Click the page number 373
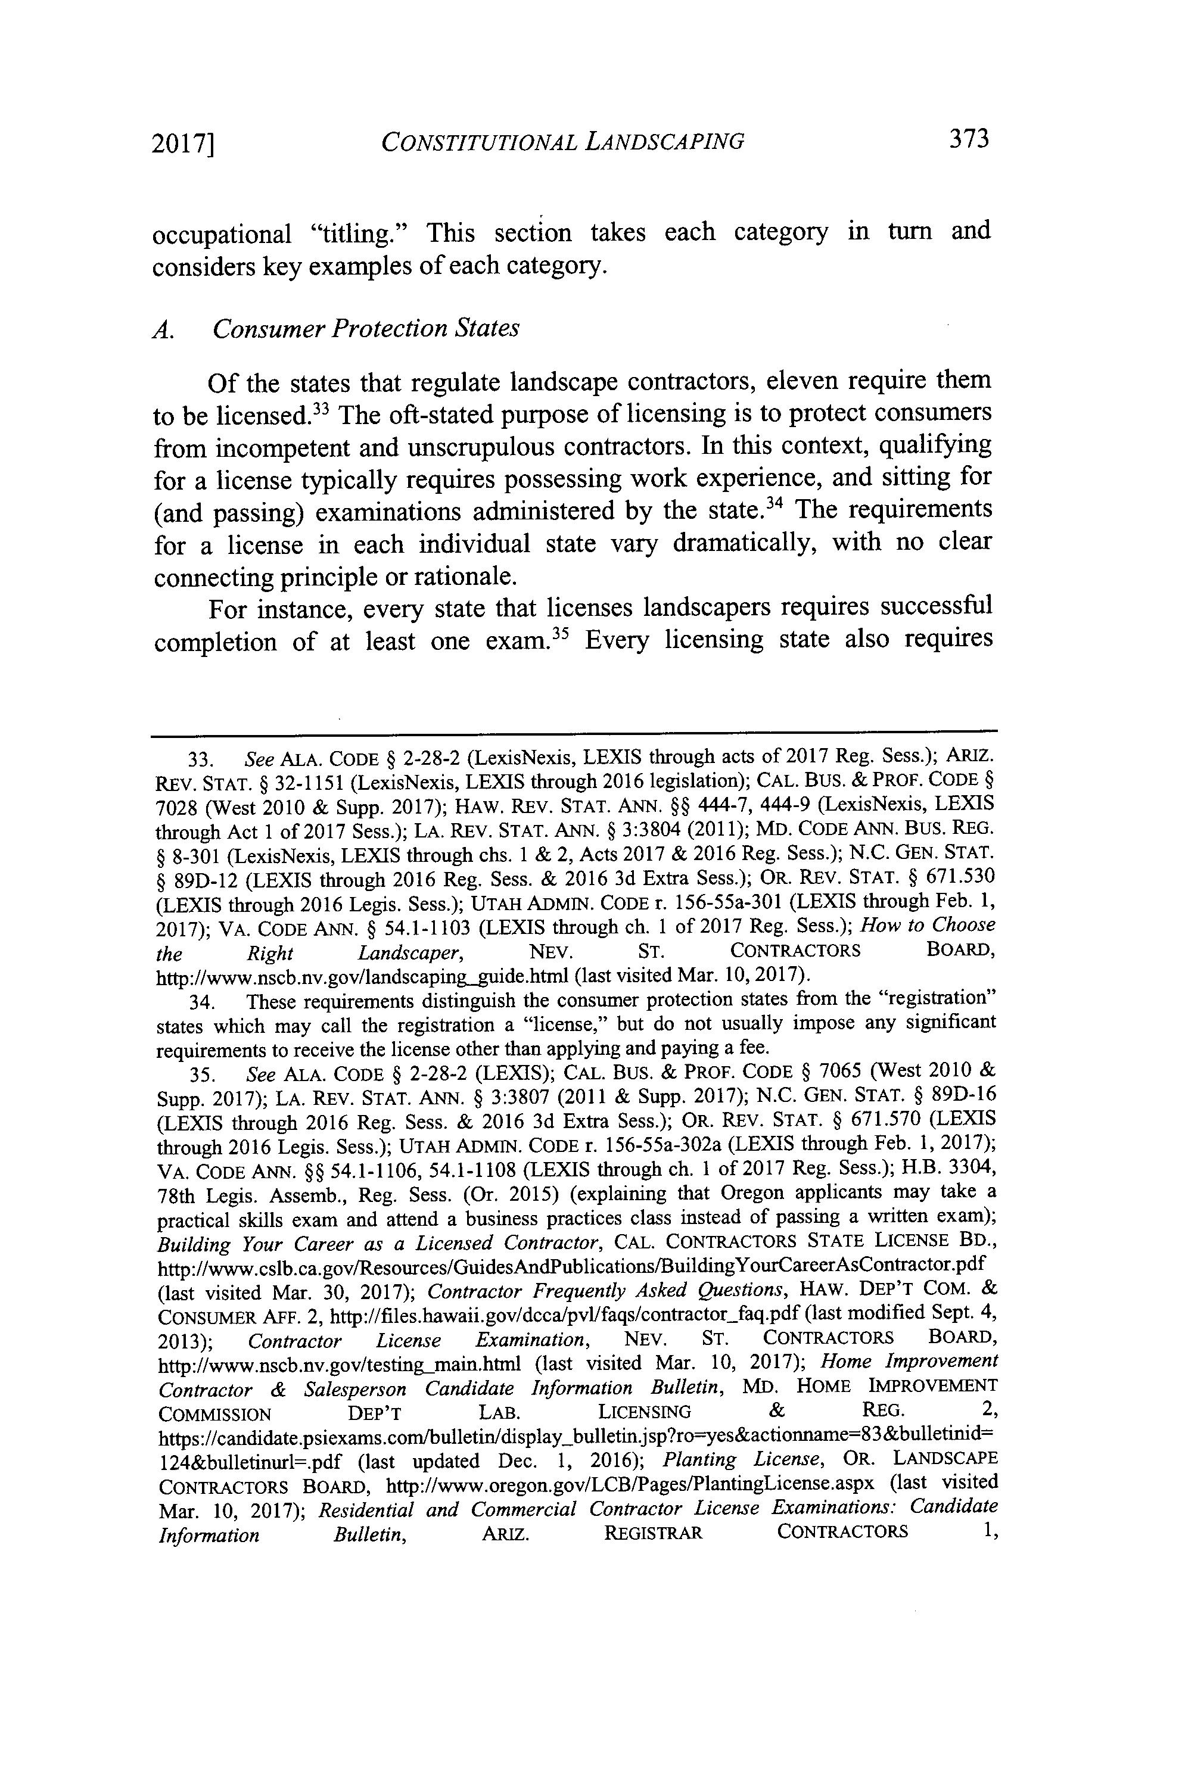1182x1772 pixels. click(x=968, y=139)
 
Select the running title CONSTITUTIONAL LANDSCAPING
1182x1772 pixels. click(x=562, y=141)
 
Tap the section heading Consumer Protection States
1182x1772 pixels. click(x=366, y=329)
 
